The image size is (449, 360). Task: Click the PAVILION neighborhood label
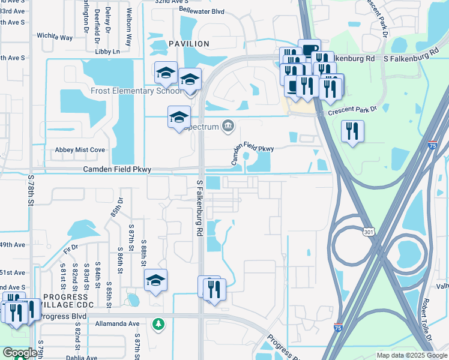(x=188, y=44)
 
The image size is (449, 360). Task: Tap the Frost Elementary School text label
(x=135, y=91)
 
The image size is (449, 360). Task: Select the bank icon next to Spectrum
(x=228, y=125)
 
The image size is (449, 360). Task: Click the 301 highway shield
(x=369, y=230)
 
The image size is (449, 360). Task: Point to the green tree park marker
(x=158, y=323)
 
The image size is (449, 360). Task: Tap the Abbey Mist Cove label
(x=80, y=150)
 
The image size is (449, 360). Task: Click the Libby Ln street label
(x=107, y=52)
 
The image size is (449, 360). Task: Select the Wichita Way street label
(x=54, y=37)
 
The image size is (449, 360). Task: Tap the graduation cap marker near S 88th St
(x=155, y=280)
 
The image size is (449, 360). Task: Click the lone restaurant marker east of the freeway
(x=352, y=131)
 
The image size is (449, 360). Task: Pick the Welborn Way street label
(x=128, y=28)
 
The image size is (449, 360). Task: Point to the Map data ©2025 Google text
(x=411, y=355)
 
